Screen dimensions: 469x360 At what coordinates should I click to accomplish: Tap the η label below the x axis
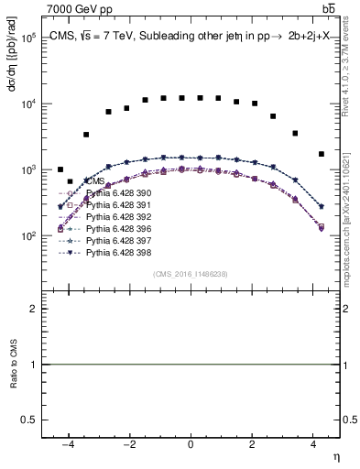click(336, 456)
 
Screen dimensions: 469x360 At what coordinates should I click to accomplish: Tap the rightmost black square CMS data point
click(321, 154)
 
